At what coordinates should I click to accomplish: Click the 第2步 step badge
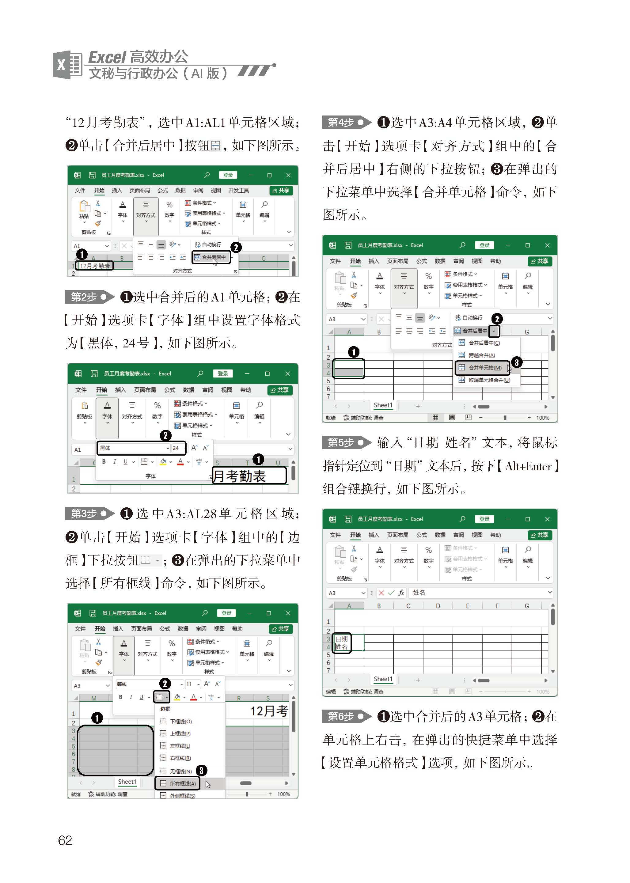(x=89, y=297)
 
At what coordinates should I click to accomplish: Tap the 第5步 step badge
(x=347, y=442)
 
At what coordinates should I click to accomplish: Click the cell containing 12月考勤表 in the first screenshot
(x=95, y=266)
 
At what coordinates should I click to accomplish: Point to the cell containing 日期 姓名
(x=341, y=642)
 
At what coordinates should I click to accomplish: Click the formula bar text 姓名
(x=419, y=593)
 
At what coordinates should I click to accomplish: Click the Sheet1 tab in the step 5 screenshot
(x=383, y=679)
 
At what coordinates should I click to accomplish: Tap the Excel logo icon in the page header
(x=67, y=65)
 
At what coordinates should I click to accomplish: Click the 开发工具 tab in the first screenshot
(x=239, y=190)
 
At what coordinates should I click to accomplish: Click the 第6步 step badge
(x=347, y=716)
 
